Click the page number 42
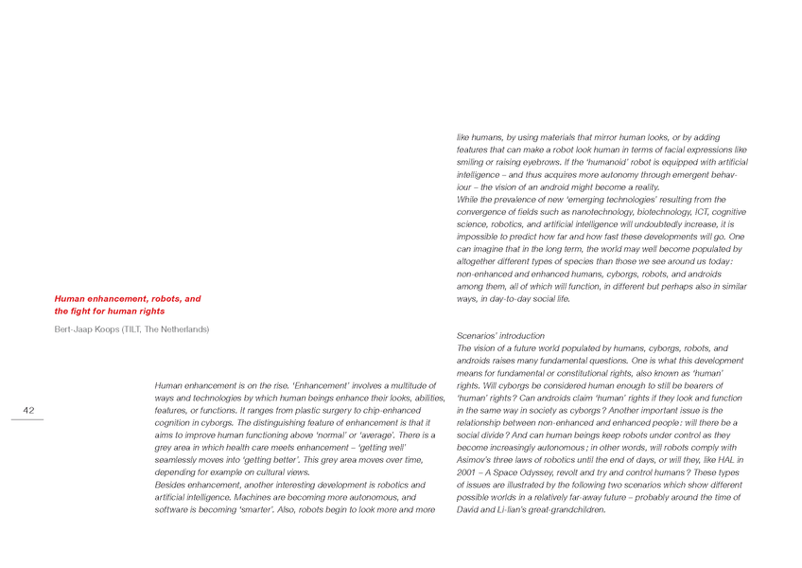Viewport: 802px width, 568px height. [x=29, y=410]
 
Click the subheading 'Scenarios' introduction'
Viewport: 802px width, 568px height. [x=500, y=336]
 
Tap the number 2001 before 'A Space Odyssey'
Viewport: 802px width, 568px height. [x=467, y=471]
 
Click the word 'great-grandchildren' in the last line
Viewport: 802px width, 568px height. [x=560, y=508]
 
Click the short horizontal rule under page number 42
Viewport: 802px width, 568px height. [x=29, y=419]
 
